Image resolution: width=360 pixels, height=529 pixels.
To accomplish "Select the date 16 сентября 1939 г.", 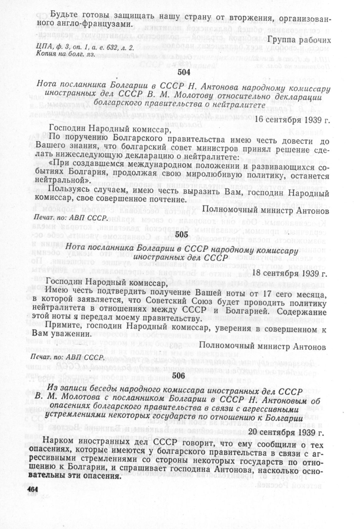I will [x=292, y=120].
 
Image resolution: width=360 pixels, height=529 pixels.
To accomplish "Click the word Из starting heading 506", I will [x=52, y=391].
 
